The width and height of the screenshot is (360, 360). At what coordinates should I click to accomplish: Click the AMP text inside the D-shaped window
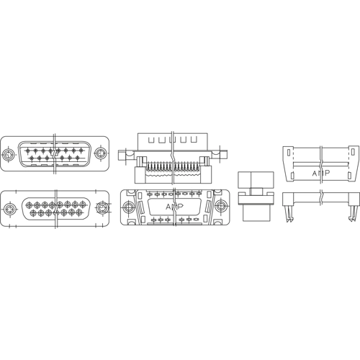[x=174, y=207]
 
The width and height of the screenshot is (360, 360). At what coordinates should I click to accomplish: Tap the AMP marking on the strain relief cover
[x=321, y=173]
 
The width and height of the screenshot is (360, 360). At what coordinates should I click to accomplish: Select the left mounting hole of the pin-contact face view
[x=9, y=154]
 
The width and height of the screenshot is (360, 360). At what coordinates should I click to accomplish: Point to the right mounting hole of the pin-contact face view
[x=100, y=153]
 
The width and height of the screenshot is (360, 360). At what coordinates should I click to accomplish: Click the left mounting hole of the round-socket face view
[x=9, y=208]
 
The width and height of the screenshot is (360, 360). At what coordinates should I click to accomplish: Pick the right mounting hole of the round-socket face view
[x=102, y=207]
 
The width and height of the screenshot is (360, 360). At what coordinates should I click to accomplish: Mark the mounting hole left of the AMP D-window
[x=128, y=206]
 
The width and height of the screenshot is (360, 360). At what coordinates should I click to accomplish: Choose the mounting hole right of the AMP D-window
[x=220, y=206]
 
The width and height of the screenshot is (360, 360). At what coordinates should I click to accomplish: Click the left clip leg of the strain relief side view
[x=288, y=214]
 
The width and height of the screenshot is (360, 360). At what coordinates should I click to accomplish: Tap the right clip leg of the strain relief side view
[x=351, y=213]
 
